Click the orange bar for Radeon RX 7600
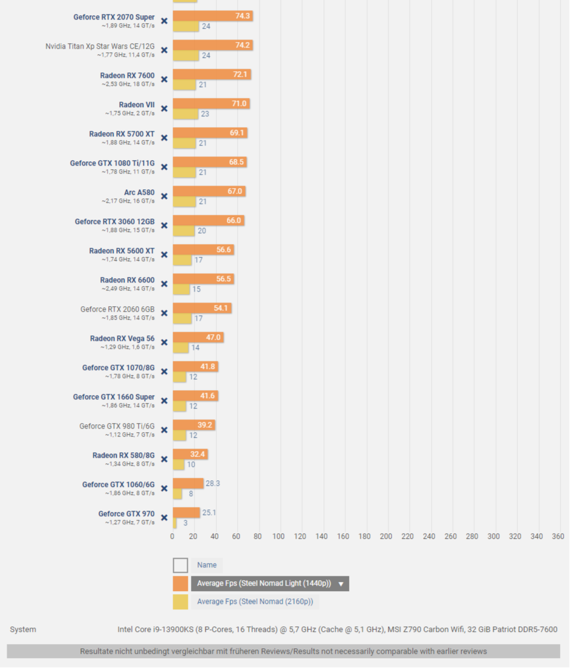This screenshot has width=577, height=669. coord(211,75)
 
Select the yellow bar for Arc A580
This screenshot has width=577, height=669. coord(184,201)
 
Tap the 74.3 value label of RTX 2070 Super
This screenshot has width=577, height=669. coord(243,16)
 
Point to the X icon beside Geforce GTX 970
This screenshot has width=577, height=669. coord(164,518)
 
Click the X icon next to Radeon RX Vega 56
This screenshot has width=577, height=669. coord(164,343)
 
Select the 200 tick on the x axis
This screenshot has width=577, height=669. coord(386,536)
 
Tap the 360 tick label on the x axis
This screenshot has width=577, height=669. coord(558,536)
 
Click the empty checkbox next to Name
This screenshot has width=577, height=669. coord(180,566)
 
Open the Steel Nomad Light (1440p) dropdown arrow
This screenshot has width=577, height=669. coord(340,584)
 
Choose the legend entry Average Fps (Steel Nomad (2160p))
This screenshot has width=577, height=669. coord(255,602)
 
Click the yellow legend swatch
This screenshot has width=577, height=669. coord(180,602)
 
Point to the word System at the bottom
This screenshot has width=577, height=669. coord(23,629)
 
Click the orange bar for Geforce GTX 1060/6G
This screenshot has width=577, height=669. coord(187,484)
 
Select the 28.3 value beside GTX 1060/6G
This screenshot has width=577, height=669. coord(213,484)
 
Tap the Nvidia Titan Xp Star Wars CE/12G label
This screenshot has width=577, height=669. coord(100,46)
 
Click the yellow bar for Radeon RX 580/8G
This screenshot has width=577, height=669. coord(178,464)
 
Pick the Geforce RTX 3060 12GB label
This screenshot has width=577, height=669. coord(114,222)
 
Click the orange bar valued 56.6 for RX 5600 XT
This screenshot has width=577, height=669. coord(203,250)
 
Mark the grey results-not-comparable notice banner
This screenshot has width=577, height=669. coord(283,651)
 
